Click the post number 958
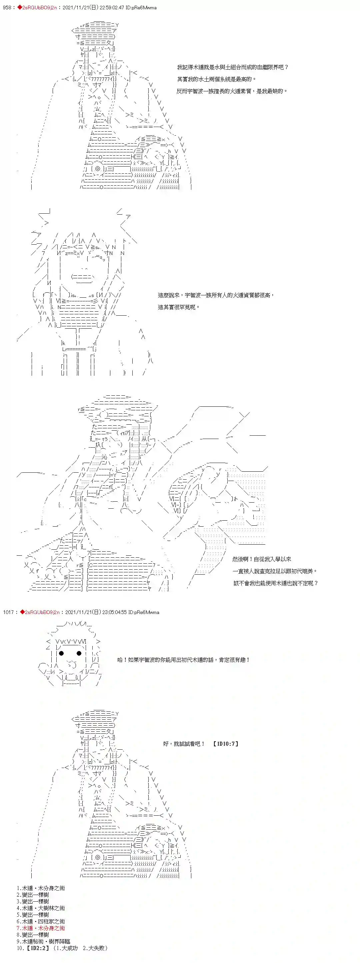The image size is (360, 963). (x=7, y=7)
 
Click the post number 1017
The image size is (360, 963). (x=8, y=612)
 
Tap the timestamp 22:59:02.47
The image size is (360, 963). (x=114, y=7)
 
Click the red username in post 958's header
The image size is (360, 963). (x=37, y=7)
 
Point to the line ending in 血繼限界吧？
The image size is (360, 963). (x=233, y=67)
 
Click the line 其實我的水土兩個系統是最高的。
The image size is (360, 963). (x=216, y=79)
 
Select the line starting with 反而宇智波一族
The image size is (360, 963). (x=232, y=91)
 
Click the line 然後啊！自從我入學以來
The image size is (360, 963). (x=262, y=559)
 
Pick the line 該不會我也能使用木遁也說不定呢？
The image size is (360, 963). (x=276, y=583)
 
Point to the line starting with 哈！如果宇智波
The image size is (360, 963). (x=183, y=660)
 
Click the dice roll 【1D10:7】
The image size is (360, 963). (x=225, y=744)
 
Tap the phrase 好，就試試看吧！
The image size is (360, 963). (x=184, y=744)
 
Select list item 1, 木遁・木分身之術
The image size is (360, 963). (x=41, y=888)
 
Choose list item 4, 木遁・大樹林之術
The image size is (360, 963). (x=41, y=908)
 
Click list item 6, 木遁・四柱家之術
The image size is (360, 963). (x=41, y=922)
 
